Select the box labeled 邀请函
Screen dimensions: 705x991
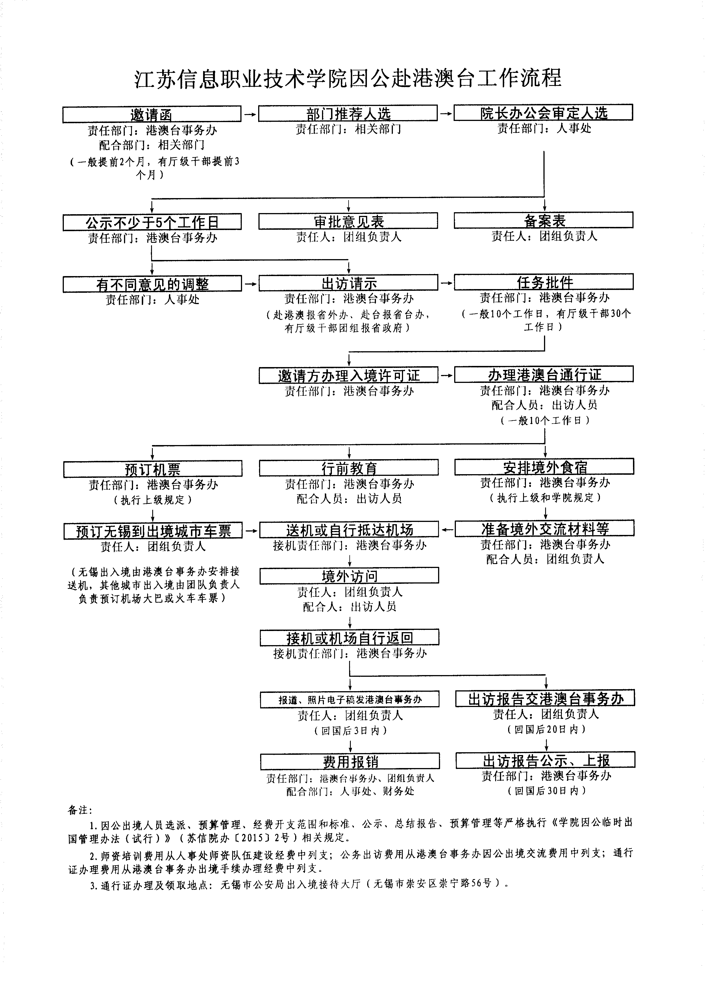tap(151, 114)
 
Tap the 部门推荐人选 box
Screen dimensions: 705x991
tap(348, 113)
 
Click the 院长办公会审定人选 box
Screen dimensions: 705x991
tap(543, 112)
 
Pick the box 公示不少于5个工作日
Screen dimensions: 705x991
tap(152, 222)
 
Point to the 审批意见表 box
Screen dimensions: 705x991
tap(348, 221)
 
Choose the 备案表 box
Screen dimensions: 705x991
tap(544, 220)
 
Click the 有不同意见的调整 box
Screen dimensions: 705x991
tap(152, 284)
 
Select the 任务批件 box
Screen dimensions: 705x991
tap(544, 282)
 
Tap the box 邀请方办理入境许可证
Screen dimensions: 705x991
tap(349, 375)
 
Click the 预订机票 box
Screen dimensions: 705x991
tap(153, 469)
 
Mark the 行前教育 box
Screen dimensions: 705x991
tap(349, 468)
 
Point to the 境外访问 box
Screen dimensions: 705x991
tap(349, 575)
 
